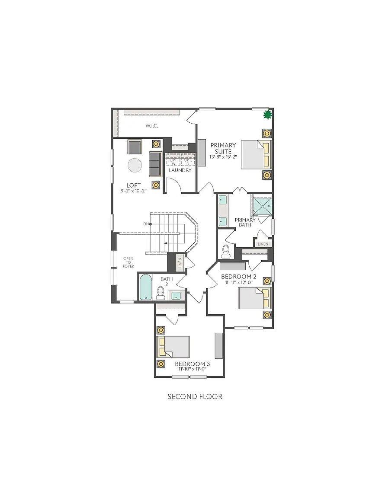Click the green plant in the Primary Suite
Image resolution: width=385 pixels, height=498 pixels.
pos(267,115)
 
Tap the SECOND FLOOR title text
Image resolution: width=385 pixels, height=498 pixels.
pos(195,396)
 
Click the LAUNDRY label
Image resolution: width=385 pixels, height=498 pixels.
pos(180,170)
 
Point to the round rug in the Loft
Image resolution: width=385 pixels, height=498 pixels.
pos(135,166)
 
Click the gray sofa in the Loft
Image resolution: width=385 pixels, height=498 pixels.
pos(154,164)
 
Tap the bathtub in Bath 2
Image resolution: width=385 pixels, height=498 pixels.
pos(146,287)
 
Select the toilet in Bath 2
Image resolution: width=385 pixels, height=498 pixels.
pos(160,294)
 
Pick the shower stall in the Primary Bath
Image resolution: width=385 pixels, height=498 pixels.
pos(262,205)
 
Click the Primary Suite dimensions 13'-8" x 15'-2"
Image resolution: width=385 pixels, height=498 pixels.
pos(223,157)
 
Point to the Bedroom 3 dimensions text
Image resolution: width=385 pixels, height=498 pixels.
pos(191,369)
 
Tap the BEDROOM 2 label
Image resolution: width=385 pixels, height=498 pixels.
pos(239,276)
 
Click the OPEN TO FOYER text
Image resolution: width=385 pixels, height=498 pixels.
pos(128,262)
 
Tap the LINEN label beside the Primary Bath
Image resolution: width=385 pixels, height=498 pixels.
pos(263,244)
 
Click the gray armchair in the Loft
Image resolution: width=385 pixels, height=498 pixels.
pos(134,147)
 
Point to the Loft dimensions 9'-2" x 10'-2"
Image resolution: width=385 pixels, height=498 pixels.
pos(134,191)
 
